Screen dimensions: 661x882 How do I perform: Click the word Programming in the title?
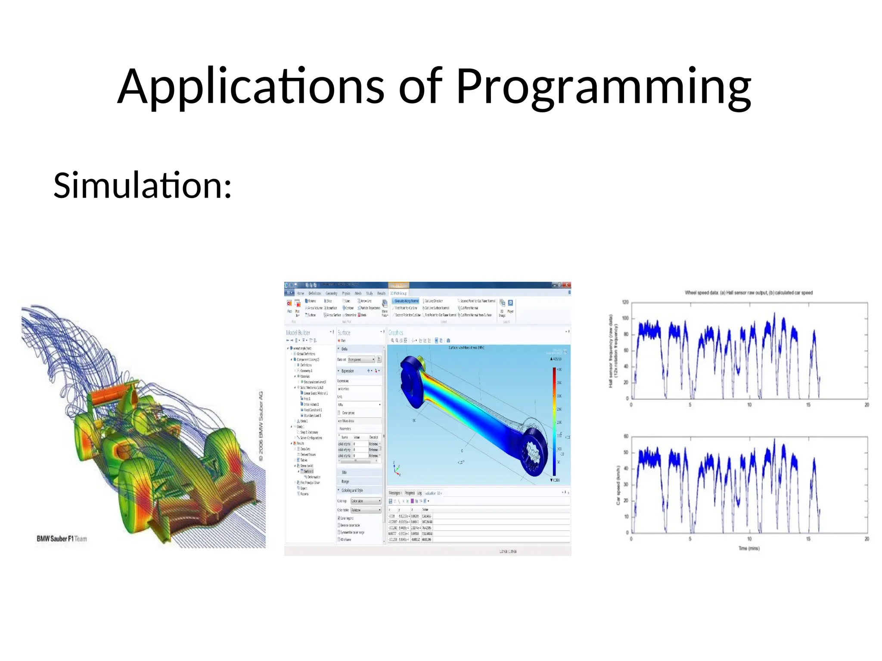point(603,87)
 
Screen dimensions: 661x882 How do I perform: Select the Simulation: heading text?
point(143,185)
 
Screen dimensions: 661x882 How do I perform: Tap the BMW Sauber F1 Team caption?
point(62,539)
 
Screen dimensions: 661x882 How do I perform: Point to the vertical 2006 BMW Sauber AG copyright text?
point(261,426)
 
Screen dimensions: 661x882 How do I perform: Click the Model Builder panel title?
point(298,333)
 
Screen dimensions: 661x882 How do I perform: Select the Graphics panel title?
point(396,333)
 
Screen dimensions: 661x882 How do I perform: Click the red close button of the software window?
point(567,285)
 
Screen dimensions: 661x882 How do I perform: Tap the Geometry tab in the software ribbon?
point(331,293)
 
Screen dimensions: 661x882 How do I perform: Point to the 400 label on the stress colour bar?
point(559,370)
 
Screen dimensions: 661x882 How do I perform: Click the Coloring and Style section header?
point(352,490)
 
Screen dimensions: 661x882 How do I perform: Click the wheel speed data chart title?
point(748,293)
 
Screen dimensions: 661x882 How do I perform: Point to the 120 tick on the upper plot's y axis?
point(625,302)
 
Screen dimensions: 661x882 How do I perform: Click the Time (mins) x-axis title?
point(749,548)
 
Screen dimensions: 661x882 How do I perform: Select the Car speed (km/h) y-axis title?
point(618,485)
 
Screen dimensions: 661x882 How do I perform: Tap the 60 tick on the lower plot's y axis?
point(626,436)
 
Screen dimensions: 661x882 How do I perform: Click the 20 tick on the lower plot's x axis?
point(866,539)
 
